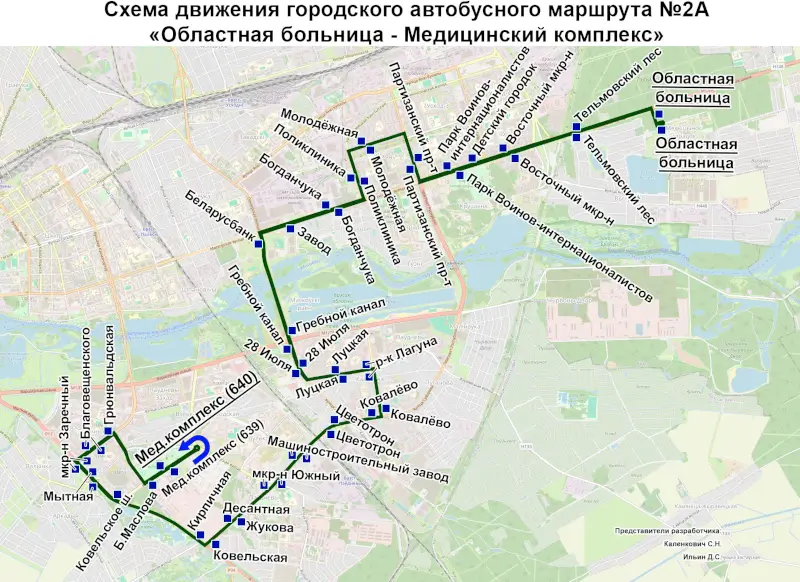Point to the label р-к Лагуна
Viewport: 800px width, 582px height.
406,355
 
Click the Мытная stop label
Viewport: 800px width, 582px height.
68,495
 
